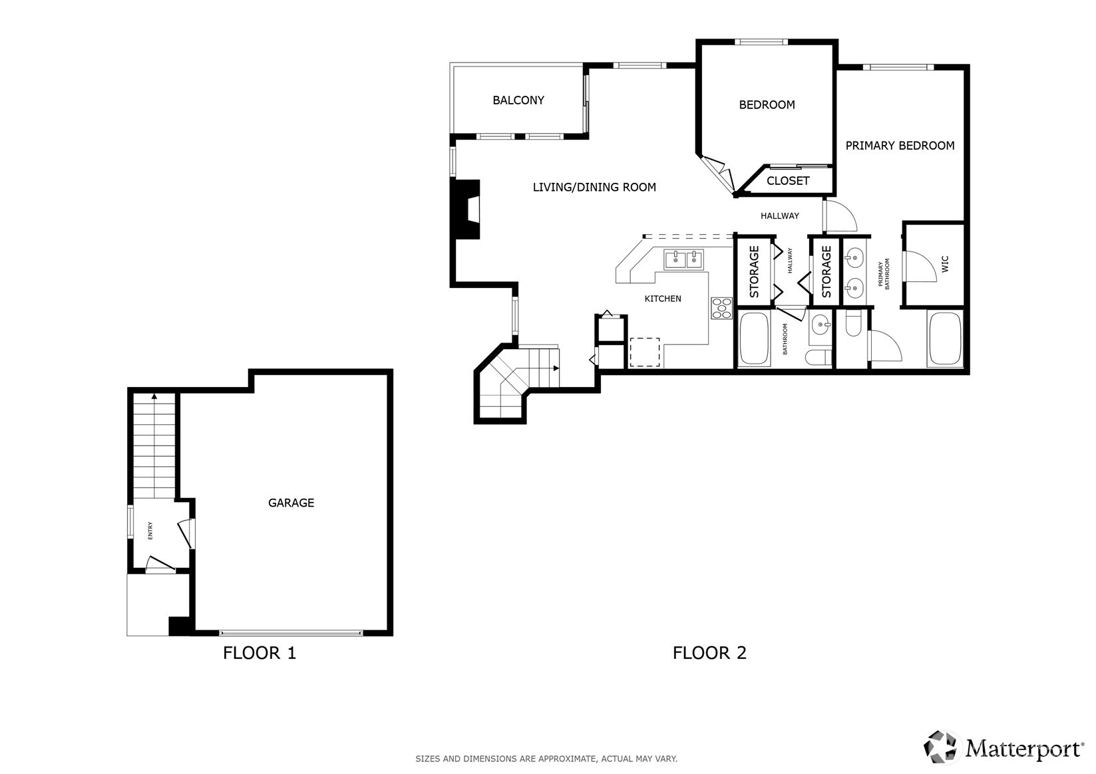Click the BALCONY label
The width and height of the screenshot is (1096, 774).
(x=518, y=100)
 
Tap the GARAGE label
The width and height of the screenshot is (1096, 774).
(x=291, y=503)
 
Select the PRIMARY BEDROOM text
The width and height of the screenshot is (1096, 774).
(x=900, y=146)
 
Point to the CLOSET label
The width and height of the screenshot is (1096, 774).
(x=788, y=181)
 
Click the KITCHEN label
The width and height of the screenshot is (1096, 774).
(x=663, y=299)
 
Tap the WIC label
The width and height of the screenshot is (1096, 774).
(x=945, y=264)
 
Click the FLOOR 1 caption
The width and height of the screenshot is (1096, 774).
(x=260, y=653)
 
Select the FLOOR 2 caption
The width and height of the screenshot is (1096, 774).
(x=709, y=653)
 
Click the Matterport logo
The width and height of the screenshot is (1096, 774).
(x=1003, y=747)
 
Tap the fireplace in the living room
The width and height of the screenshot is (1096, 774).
(x=465, y=209)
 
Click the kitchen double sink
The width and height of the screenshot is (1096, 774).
(x=683, y=260)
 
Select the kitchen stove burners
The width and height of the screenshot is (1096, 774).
(x=721, y=308)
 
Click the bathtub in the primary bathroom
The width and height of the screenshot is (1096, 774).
(x=945, y=338)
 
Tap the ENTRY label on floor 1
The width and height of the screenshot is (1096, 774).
(x=150, y=531)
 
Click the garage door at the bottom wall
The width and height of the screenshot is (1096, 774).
(x=291, y=633)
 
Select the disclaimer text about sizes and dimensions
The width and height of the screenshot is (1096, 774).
(x=546, y=759)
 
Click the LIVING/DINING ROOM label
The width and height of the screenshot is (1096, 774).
(x=594, y=188)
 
